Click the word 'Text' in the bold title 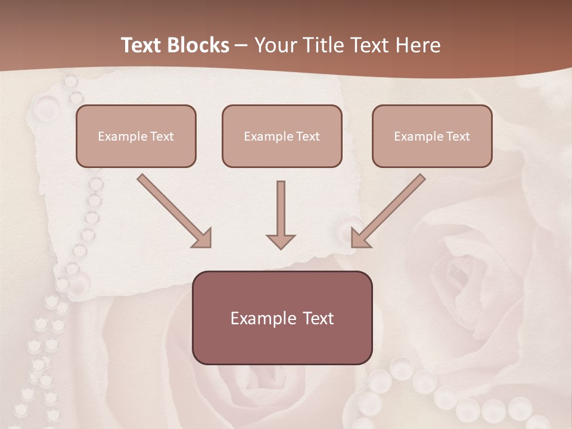point(141,45)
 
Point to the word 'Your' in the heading point(276,45)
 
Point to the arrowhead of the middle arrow point(281,242)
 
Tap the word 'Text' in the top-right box point(458,136)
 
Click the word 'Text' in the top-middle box point(307,136)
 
